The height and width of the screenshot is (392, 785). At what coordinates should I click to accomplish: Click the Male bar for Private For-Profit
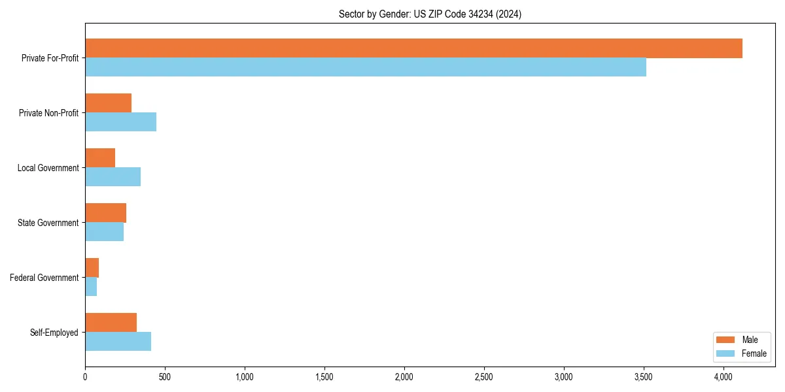pos(413,48)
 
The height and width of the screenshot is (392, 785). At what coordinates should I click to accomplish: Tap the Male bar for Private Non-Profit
pos(108,103)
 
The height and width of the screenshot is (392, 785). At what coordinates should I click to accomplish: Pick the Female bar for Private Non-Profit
pos(120,122)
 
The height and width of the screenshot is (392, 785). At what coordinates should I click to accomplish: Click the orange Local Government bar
pos(100,158)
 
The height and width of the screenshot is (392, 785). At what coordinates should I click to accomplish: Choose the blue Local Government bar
pos(113,177)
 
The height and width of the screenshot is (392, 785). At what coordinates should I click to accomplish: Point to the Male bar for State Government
pos(105,213)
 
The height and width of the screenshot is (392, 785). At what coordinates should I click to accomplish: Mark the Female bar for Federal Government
pos(91,287)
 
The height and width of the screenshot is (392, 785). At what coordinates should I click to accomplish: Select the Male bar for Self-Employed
pos(111,323)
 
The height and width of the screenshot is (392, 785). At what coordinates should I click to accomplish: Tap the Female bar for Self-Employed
pos(118,342)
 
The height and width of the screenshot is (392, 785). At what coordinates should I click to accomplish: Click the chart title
pos(430,14)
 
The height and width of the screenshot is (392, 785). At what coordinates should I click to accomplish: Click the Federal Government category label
pos(44,278)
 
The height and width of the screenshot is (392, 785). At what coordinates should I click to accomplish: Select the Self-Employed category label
pos(54,333)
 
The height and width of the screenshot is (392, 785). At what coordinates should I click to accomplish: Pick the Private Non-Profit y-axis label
pos(48,113)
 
